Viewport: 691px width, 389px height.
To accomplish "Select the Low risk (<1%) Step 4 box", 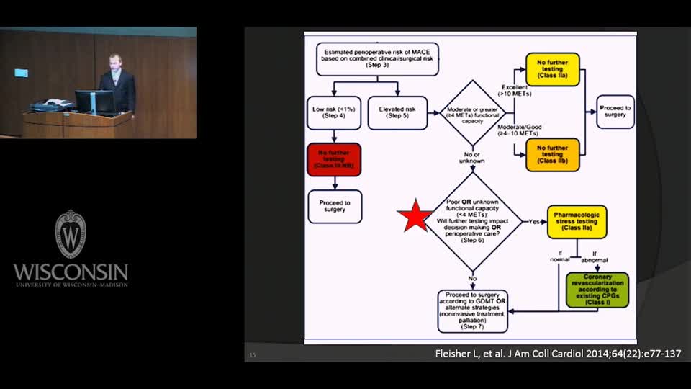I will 334,112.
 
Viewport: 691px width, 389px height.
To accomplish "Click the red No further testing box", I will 334,159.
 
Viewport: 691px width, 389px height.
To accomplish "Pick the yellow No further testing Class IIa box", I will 552,70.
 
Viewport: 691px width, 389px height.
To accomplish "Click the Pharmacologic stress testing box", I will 577,222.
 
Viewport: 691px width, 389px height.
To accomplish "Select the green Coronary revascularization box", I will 597,290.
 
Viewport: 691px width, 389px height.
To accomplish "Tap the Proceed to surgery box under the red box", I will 334,206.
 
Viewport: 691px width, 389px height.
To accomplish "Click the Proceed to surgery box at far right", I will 615,112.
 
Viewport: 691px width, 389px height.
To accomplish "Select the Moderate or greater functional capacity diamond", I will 473,112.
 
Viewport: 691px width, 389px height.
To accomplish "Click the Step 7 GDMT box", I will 473,310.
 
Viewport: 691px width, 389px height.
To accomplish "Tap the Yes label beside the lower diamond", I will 533,221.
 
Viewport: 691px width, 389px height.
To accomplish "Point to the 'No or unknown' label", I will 472,158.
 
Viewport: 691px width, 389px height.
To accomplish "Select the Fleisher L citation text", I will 559,354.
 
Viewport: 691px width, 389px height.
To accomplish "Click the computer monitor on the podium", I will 94,102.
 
